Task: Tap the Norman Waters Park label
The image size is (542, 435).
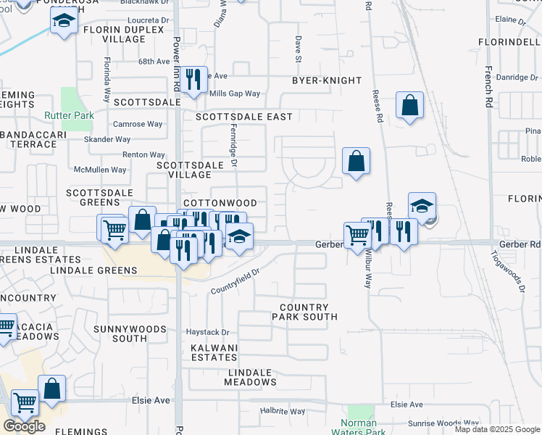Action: (x=359, y=427)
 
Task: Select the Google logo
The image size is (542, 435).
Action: (x=24, y=426)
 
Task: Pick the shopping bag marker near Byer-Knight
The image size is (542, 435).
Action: (x=409, y=105)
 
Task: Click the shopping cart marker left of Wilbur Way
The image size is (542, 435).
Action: (x=357, y=236)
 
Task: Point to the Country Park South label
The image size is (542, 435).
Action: (x=304, y=312)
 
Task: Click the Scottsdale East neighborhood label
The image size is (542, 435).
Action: (x=244, y=117)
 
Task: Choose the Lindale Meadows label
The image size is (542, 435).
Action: (x=249, y=377)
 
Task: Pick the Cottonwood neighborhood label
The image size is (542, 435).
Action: (x=220, y=204)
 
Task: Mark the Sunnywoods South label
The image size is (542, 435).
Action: (x=120, y=333)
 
